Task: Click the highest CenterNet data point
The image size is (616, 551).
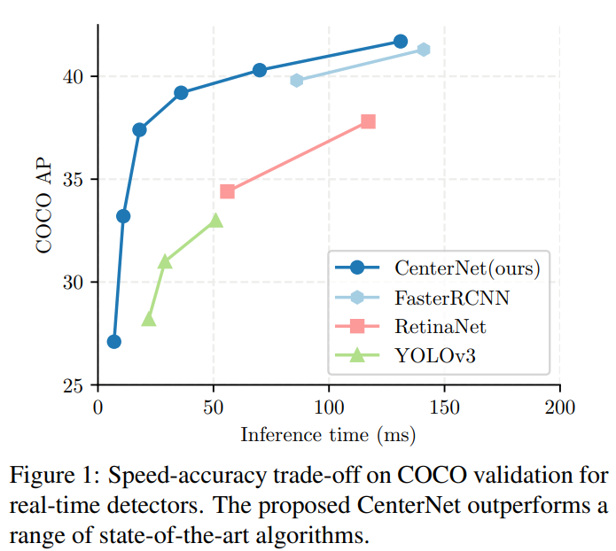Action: (400, 42)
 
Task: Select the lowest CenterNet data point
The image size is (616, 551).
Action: (113, 342)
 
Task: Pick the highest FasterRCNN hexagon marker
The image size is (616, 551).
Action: (424, 50)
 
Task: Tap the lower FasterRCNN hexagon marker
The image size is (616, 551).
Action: (297, 81)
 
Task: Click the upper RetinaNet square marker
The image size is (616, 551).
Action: (368, 121)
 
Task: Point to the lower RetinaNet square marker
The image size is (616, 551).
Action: (228, 191)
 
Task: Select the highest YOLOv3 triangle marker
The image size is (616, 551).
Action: (215, 221)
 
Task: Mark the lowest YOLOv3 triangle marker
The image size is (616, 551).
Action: (148, 319)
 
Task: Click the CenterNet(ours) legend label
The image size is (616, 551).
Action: (467, 266)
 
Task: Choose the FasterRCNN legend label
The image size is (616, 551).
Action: (452, 296)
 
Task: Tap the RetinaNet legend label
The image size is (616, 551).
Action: (441, 326)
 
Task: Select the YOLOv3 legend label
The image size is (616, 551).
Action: (434, 356)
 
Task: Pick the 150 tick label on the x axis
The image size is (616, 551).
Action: (445, 408)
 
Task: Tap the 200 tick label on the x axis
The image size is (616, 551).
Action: (560, 408)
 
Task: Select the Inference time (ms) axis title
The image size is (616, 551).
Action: (328, 435)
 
